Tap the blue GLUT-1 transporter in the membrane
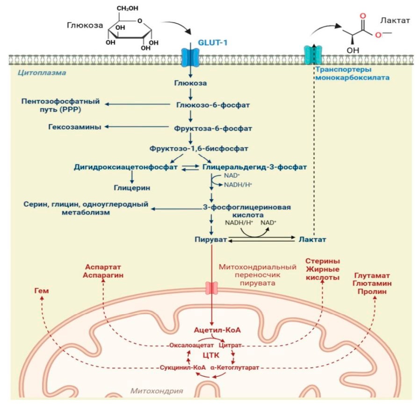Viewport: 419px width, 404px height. point(190,58)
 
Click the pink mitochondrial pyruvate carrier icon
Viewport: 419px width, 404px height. point(212,288)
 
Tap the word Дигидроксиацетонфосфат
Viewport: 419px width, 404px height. point(126,166)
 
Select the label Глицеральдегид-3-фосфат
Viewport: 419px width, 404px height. point(254,166)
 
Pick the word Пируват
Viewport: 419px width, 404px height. point(210,239)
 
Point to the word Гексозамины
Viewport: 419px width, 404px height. point(75,127)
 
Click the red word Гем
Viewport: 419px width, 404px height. point(41,291)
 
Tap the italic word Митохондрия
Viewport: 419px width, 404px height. point(156,390)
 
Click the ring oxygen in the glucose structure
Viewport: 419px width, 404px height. point(140,21)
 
